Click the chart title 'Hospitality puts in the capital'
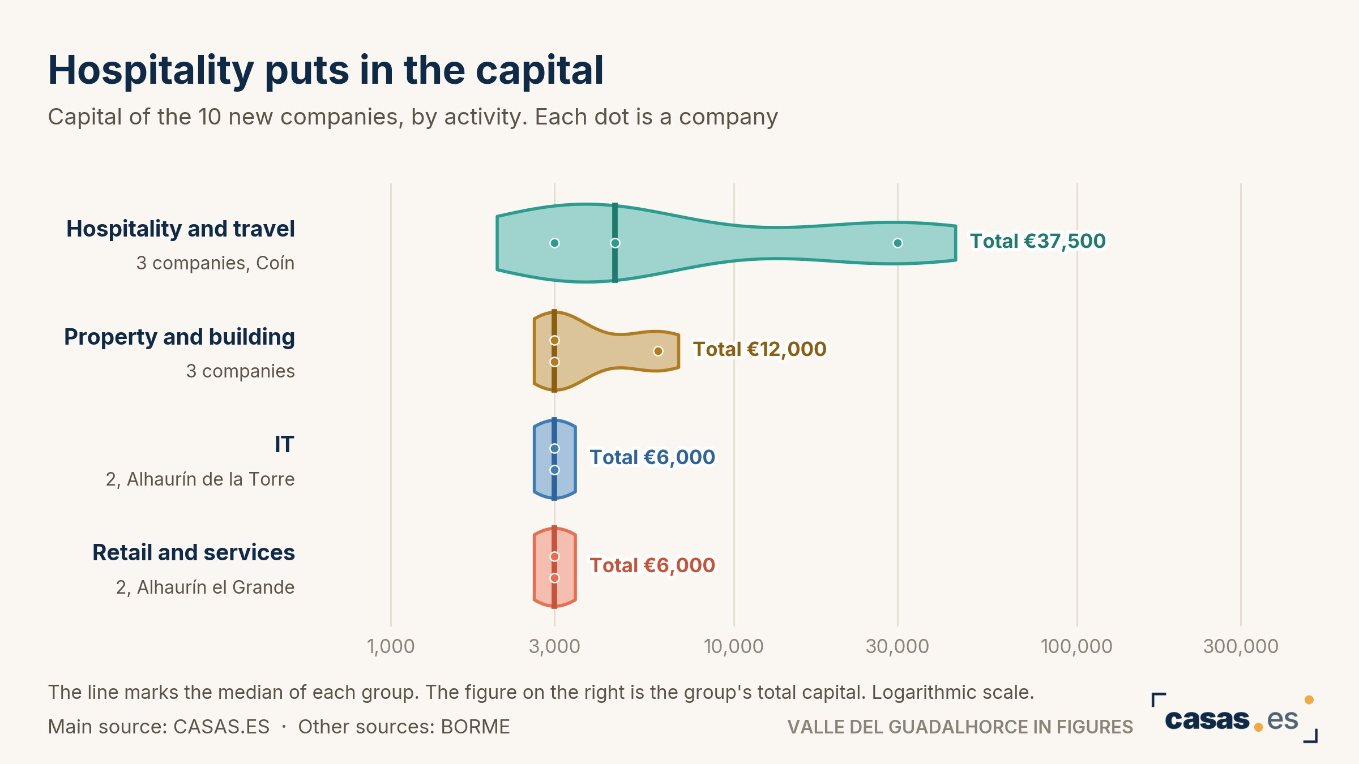point(326,71)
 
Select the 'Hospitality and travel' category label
point(181,229)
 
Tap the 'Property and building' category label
point(180,337)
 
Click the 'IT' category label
point(284,445)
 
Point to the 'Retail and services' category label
point(194,552)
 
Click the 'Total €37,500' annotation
point(1038,241)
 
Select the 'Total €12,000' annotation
point(760,349)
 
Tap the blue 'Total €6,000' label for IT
point(652,457)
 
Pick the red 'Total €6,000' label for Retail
point(652,565)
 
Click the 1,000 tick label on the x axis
point(391,646)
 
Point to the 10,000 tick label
point(734,646)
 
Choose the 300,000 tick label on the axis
point(1241,646)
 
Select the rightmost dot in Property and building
point(658,351)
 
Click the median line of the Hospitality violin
point(615,243)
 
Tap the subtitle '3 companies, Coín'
point(215,263)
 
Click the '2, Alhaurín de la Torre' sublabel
point(200,479)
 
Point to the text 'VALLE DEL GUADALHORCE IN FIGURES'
point(960,727)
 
